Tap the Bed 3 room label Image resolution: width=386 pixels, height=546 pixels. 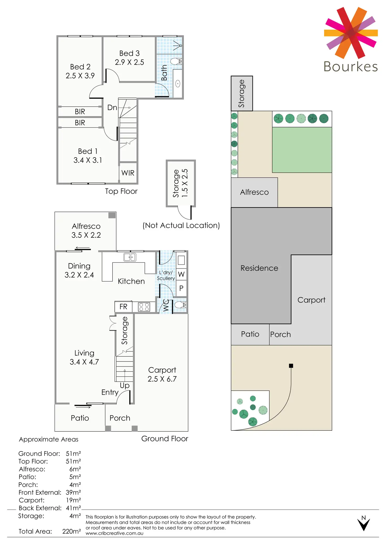tap(129, 53)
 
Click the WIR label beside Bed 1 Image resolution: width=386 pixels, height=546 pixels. tap(128, 173)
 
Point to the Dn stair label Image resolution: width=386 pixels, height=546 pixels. tap(112, 107)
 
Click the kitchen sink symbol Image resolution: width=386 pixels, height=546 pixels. tap(130, 257)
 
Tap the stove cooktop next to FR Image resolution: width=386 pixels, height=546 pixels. tap(144, 307)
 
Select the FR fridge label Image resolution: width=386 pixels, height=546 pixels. tap(123, 307)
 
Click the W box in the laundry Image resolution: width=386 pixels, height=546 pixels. tap(181, 274)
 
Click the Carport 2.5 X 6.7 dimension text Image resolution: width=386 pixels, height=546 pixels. tap(162, 379)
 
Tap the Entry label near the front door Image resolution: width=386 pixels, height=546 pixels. tap(110, 392)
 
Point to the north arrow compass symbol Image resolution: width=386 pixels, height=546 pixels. tap(363, 523)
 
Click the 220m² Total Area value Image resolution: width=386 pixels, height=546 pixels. tap(72, 531)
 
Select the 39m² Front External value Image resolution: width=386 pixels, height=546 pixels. tap(73, 493)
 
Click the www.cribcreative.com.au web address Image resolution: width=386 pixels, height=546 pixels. tap(114, 533)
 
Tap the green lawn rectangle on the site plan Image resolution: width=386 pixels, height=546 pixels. tap(302, 150)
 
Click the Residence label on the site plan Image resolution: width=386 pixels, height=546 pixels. tap(259, 268)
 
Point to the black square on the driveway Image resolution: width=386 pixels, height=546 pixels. tap(291, 366)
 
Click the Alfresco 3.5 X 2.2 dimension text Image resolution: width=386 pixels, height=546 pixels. tap(86, 235)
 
